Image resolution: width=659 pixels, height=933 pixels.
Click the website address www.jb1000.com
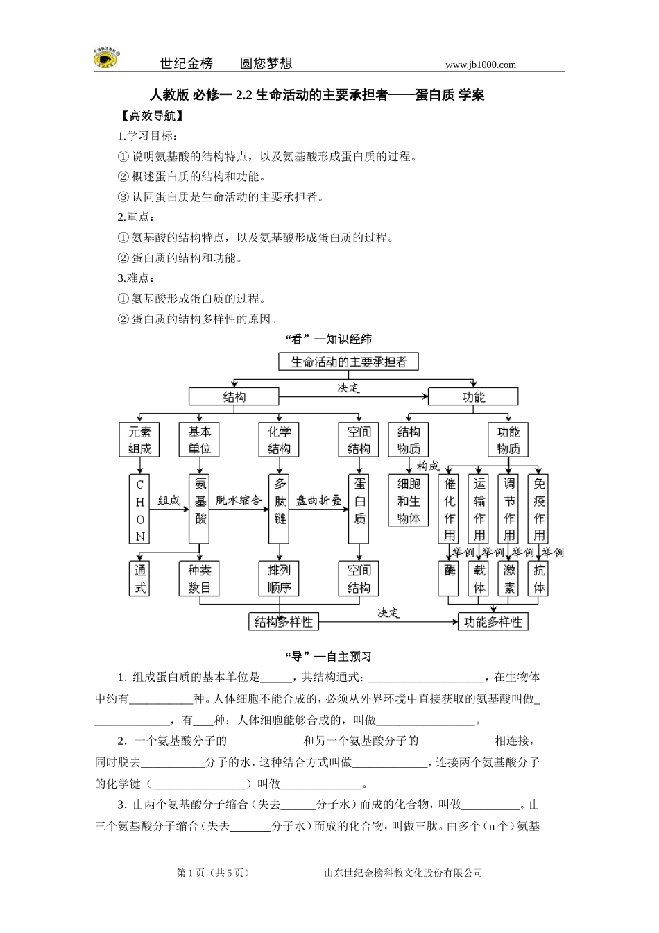point(480,65)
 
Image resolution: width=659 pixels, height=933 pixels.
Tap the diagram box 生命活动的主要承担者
point(348,362)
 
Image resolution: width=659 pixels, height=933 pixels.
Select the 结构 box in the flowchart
point(234,396)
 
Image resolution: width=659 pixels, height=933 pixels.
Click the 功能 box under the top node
point(473,396)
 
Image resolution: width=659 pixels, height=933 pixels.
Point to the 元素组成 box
point(139,440)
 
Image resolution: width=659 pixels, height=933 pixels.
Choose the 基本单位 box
point(199,440)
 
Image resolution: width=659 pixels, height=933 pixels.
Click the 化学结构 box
point(279,440)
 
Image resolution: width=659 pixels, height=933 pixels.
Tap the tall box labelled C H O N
point(139,509)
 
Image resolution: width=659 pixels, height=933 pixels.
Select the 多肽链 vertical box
point(279,509)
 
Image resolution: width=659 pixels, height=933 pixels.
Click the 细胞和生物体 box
point(409,501)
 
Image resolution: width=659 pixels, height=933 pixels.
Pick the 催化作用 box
point(449,509)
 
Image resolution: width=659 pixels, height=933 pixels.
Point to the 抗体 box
point(539,579)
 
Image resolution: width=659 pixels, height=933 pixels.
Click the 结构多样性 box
point(284,621)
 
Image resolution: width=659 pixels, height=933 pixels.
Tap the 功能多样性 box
point(493,621)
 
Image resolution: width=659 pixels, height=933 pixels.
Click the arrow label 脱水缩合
point(239,500)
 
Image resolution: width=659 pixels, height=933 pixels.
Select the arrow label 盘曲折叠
point(318,500)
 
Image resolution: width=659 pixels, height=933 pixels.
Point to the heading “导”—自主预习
point(329,656)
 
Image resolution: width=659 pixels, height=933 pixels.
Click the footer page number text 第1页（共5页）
point(214,873)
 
